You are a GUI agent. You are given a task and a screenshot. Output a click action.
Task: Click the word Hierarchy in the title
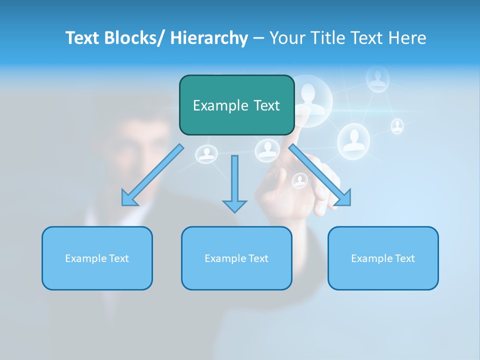[x=209, y=38]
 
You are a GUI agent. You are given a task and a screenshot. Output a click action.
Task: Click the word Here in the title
[x=408, y=38]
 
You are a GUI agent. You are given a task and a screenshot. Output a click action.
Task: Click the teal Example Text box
[x=236, y=105]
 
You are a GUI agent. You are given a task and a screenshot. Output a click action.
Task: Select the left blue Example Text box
[x=97, y=258]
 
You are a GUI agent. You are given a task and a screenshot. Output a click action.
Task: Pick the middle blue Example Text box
[x=236, y=258]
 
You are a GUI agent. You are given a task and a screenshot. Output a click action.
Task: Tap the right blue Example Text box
[x=383, y=258]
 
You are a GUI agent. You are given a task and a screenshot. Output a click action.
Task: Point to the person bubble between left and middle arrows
[x=206, y=154]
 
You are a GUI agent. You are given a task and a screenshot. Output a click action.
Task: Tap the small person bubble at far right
[x=397, y=126]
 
